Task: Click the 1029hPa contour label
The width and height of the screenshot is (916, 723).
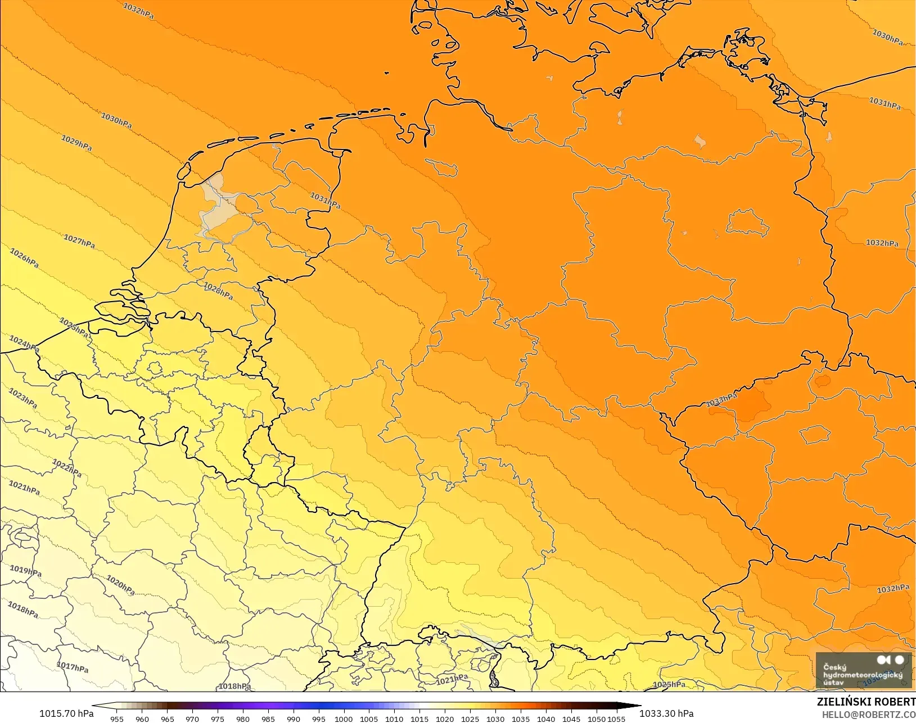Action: click(76, 143)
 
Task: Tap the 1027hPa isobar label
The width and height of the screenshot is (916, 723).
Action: click(79, 242)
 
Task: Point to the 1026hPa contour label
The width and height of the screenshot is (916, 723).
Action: click(24, 258)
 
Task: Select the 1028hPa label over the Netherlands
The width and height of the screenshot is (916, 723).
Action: click(218, 291)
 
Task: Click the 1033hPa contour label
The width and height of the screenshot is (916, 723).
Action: click(721, 400)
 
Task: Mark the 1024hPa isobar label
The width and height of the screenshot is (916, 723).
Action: click(24, 342)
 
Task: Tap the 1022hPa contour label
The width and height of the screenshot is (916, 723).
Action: click(67, 467)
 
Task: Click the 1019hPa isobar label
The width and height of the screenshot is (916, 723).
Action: click(25, 571)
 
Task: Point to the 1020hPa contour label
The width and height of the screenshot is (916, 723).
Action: click(120, 585)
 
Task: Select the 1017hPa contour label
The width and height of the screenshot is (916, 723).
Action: click(73, 667)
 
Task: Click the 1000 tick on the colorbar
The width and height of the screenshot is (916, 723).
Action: click(344, 719)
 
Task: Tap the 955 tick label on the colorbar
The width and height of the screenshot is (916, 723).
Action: click(117, 719)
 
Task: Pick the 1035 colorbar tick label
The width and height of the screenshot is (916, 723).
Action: click(521, 719)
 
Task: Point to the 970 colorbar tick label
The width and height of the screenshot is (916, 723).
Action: click(192, 719)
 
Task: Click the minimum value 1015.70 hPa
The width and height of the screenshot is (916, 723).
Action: click(66, 713)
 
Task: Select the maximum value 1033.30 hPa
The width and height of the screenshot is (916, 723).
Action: click(666, 713)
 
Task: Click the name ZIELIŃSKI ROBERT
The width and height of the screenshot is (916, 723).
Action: click(866, 702)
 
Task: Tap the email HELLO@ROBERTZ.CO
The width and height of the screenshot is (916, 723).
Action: click(869, 715)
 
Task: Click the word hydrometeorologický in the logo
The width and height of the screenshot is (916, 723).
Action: click(863, 675)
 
